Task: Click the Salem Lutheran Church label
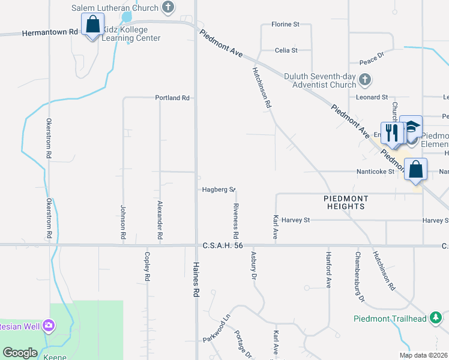(115, 8)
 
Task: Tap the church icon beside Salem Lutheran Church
(168, 8)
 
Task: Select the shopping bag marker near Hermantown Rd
(92, 26)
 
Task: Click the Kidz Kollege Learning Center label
(131, 34)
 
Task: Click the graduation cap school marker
(411, 128)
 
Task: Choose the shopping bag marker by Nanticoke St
(415, 170)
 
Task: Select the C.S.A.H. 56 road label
(223, 245)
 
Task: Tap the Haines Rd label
(196, 283)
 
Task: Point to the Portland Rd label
(172, 98)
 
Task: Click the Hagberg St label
(217, 190)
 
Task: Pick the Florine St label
(285, 24)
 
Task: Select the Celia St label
(286, 50)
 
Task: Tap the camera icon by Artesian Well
(48, 326)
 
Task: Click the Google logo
(20, 352)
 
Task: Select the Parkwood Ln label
(216, 331)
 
